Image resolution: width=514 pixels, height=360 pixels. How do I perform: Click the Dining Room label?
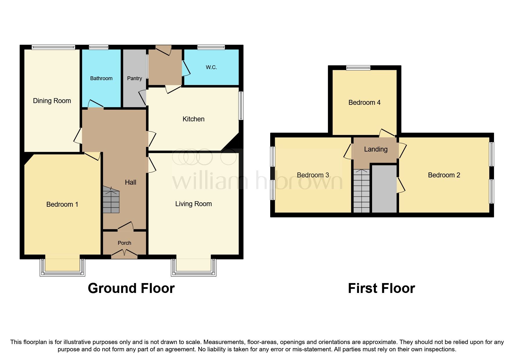click(x=52, y=101)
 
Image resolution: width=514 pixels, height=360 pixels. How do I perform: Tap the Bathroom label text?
click(x=101, y=78)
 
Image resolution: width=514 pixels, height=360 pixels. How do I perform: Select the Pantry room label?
click(x=134, y=78)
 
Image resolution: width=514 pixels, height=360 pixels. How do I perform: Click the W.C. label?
click(x=211, y=67)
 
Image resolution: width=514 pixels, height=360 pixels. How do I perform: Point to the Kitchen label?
click(x=193, y=119)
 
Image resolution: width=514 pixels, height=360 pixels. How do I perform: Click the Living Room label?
click(x=193, y=204)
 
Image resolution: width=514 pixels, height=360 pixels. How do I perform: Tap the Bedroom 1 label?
click(x=62, y=204)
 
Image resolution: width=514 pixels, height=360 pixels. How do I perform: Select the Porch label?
click(x=124, y=243)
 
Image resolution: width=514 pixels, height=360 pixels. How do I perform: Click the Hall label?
click(x=130, y=182)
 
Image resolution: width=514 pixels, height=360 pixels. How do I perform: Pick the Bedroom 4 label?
click(x=364, y=102)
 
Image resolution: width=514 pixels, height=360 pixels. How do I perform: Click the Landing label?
click(x=376, y=149)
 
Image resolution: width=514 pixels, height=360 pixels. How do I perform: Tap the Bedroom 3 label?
click(x=313, y=175)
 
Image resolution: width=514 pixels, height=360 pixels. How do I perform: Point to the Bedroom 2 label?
click(x=444, y=175)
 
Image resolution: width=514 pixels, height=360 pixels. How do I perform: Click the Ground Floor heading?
click(x=131, y=288)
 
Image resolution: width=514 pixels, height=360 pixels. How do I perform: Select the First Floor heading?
click(x=381, y=288)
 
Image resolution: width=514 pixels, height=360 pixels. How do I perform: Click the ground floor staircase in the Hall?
click(x=111, y=200)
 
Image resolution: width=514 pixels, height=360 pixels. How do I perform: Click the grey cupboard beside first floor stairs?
click(x=384, y=189)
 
